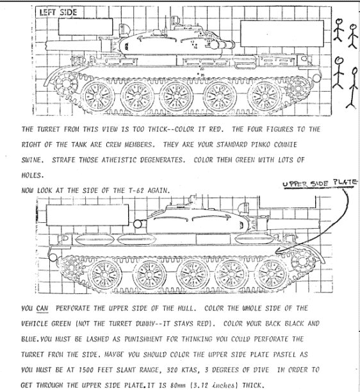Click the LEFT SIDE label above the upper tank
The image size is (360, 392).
(x=58, y=12)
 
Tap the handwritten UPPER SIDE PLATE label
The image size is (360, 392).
(x=320, y=183)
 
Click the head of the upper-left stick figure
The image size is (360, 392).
(x=339, y=22)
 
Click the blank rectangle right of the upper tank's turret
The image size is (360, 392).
(x=282, y=34)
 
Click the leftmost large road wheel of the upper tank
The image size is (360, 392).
(x=97, y=96)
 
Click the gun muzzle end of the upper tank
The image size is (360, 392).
(x=47, y=45)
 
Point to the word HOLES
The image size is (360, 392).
(x=33, y=176)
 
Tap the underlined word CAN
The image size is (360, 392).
(x=42, y=308)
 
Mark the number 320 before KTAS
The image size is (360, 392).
(x=172, y=370)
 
